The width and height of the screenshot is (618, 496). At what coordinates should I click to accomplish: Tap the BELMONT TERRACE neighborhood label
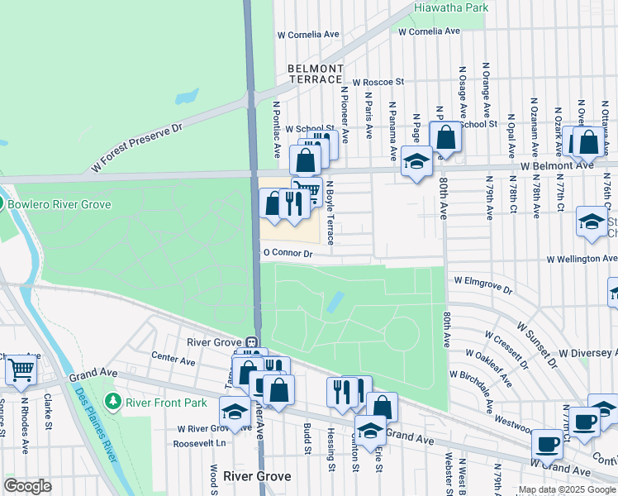[315, 74]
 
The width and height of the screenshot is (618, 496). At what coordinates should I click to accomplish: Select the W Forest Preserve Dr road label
[136, 149]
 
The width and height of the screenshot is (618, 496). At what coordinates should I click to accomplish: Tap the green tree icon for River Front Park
[113, 402]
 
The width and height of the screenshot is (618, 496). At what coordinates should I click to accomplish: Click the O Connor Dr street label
[287, 254]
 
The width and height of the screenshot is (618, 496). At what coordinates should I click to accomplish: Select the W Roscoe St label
[378, 83]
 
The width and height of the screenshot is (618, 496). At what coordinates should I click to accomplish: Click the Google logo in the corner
[28, 486]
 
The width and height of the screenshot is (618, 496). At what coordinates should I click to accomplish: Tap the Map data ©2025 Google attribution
[567, 489]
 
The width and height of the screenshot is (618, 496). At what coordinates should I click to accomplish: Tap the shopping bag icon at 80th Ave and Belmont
[446, 136]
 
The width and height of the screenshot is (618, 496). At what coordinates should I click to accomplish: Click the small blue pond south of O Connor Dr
[335, 302]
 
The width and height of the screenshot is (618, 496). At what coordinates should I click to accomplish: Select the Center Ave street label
[174, 361]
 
